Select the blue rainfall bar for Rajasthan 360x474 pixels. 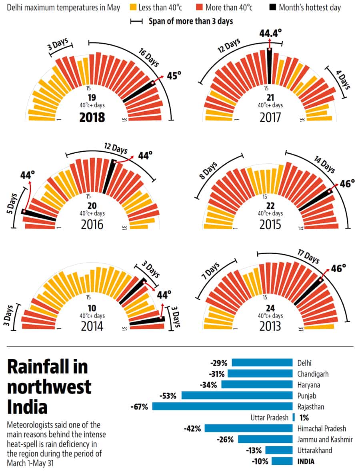222,406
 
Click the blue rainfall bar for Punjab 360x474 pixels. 237,396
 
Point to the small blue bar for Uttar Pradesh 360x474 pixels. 294,418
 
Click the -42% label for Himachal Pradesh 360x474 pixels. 192,428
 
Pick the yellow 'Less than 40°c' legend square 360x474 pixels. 133,7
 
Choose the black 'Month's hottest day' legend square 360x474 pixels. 272,7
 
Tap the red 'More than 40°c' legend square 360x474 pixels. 199,7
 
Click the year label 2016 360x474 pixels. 92,225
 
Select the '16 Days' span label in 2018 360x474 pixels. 148,57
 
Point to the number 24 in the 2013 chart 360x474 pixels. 270,308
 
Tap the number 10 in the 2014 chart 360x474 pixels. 92,308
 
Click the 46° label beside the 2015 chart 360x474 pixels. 347,183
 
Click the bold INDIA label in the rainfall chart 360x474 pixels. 306,461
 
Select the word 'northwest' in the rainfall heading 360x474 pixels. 49,387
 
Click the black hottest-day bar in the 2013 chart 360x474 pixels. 309,291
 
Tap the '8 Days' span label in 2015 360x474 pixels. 209,171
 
